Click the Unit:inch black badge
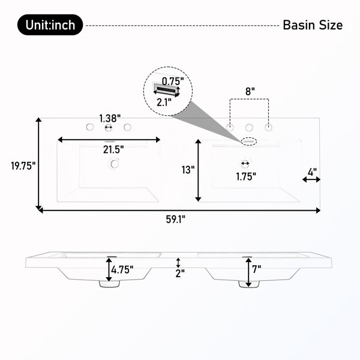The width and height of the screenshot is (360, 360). [50, 25]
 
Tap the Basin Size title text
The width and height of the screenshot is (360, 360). [313, 25]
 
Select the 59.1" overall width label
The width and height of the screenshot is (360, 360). [176, 220]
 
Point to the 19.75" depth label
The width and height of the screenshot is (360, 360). [23, 166]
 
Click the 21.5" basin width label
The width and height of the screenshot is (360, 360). [113, 149]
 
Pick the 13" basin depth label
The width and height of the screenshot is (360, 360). [188, 170]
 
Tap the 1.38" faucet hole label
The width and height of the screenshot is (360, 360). [110, 118]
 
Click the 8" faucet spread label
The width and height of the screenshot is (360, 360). [250, 91]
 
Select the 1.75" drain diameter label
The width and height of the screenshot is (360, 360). [246, 177]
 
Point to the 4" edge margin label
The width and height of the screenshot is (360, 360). [312, 172]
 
